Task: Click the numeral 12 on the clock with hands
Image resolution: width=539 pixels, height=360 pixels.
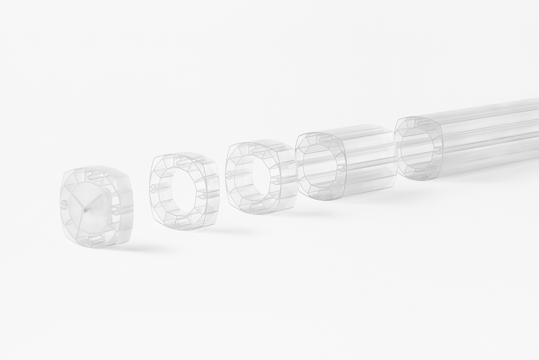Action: (89, 174)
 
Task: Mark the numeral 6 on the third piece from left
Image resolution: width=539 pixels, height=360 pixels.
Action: (253, 209)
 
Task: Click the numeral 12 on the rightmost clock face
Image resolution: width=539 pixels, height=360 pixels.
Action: (418, 121)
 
